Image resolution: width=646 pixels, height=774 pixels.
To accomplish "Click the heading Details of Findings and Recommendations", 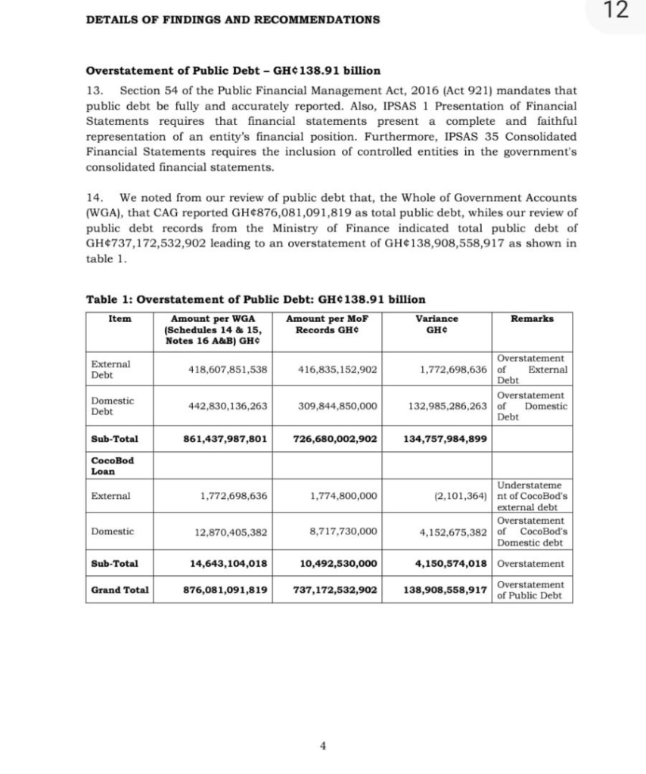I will [x=233, y=19].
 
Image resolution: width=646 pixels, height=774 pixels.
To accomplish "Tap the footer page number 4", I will [x=323, y=745].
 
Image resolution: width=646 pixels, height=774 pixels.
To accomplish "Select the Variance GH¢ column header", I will [x=438, y=324].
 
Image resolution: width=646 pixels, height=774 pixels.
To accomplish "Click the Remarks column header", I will [x=532, y=319].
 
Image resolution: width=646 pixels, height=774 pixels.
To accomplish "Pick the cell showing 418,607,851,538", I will [x=227, y=370].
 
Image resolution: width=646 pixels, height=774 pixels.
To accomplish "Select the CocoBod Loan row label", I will [x=112, y=466].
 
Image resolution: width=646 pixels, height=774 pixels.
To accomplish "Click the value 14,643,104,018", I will [x=228, y=563].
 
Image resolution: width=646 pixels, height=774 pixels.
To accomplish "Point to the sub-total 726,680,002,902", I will [x=334, y=438].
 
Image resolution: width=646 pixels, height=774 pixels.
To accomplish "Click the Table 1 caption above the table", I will [x=256, y=299].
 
